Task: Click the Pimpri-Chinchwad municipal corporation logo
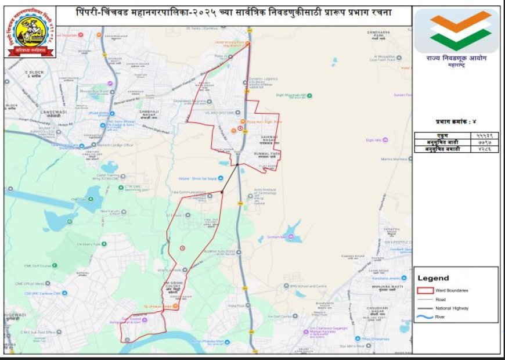point(31,32)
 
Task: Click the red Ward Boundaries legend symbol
point(426,290)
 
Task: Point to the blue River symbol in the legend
point(426,316)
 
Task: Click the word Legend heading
point(433,278)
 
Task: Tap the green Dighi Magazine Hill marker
point(310,96)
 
